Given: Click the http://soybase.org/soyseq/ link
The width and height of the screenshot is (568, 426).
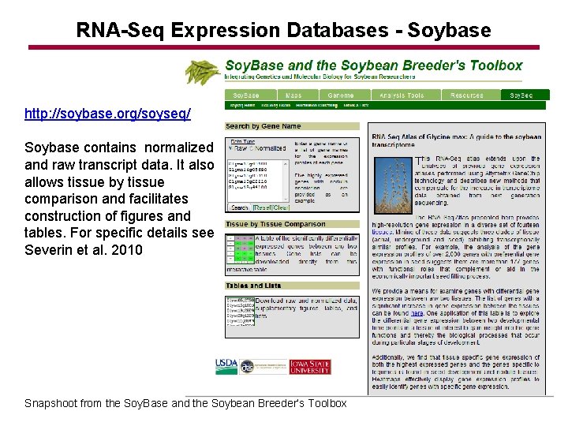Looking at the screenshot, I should click(107, 114).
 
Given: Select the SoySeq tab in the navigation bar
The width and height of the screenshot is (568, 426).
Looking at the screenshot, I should click(521, 95).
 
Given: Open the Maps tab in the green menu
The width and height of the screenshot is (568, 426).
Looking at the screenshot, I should click(293, 95).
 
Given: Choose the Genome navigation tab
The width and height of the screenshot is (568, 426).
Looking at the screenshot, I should click(341, 95).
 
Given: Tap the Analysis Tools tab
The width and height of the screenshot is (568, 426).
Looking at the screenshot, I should click(401, 95).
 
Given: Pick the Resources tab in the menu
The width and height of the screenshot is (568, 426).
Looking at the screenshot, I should click(467, 95).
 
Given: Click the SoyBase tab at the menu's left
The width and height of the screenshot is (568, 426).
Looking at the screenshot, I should click(246, 95).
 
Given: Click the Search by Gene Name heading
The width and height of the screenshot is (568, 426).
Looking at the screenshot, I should click(263, 126).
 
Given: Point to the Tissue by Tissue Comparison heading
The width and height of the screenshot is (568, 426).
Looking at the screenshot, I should click(275, 225).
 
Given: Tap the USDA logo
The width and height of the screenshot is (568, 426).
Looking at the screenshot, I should click(226, 366).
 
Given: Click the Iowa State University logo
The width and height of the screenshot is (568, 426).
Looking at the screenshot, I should click(310, 366).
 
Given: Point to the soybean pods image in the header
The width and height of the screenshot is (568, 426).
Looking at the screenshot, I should click(204, 71).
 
